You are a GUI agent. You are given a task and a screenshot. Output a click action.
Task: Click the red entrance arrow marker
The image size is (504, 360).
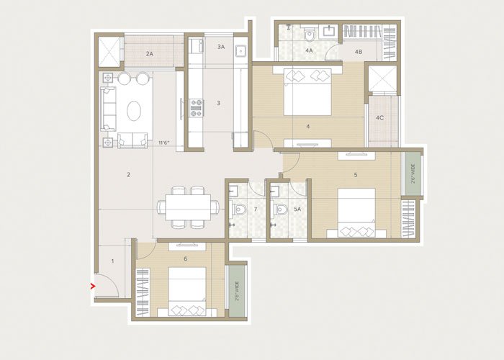pos(92,287)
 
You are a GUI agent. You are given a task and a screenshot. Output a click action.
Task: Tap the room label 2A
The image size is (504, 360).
pos(149,54)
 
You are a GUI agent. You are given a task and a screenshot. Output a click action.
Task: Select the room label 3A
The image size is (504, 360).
pos(221,47)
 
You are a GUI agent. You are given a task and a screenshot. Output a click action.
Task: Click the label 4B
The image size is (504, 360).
pos(358,51)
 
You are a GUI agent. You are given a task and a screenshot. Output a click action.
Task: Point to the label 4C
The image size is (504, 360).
pos(379,117)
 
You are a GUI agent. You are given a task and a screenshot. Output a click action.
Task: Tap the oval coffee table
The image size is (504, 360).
pos(135,111)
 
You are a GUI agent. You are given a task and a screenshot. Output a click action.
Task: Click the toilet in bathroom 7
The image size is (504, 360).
pos(240,210)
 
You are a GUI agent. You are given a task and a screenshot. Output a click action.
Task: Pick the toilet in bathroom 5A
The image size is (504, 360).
pos(279,210)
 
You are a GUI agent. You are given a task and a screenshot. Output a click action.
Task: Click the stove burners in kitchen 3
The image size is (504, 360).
pos(196,108)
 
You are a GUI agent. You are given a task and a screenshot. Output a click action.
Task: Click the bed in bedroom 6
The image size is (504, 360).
pos(187,291)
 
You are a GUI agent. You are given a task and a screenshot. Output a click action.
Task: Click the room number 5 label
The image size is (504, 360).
pos(356,174)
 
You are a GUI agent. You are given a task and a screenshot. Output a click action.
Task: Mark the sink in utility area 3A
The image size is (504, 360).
pos(241,51)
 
